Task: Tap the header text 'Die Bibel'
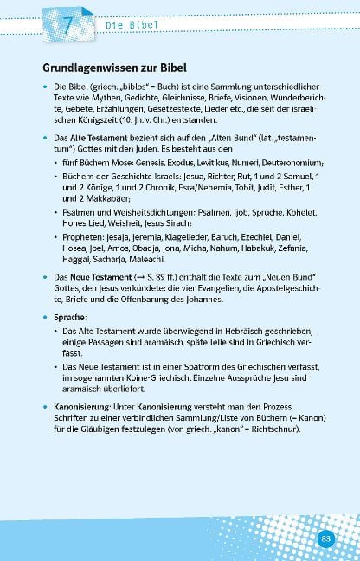[x=132, y=26]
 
